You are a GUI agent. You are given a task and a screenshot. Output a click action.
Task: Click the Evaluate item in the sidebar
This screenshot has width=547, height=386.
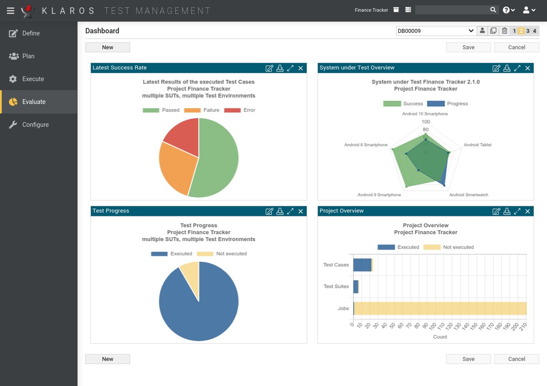34,102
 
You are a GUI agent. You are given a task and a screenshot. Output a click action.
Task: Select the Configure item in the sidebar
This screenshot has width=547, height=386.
35,125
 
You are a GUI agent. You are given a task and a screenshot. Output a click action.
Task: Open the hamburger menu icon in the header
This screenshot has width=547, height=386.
10,10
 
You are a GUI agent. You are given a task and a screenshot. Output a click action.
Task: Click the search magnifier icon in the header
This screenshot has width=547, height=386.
493,10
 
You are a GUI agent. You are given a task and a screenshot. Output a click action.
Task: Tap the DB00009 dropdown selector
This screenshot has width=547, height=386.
435,31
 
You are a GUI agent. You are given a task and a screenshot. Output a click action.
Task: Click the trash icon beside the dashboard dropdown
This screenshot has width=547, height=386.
505,31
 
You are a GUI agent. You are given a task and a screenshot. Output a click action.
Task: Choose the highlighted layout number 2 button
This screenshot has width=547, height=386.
521,31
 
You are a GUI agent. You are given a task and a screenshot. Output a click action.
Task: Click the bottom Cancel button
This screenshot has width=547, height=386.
516,359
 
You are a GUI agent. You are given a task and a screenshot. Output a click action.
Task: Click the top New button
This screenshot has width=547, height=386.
108,47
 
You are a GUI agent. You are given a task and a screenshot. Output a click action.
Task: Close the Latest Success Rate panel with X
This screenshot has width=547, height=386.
301,68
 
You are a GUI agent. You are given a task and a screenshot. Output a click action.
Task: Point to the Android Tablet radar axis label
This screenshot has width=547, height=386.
477,145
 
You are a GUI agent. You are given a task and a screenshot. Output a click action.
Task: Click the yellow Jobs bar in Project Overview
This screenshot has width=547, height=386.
440,308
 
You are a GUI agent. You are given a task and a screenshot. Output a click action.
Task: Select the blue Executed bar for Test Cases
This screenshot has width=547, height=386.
362,265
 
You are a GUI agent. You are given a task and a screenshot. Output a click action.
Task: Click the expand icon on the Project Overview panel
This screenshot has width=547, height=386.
517,211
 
